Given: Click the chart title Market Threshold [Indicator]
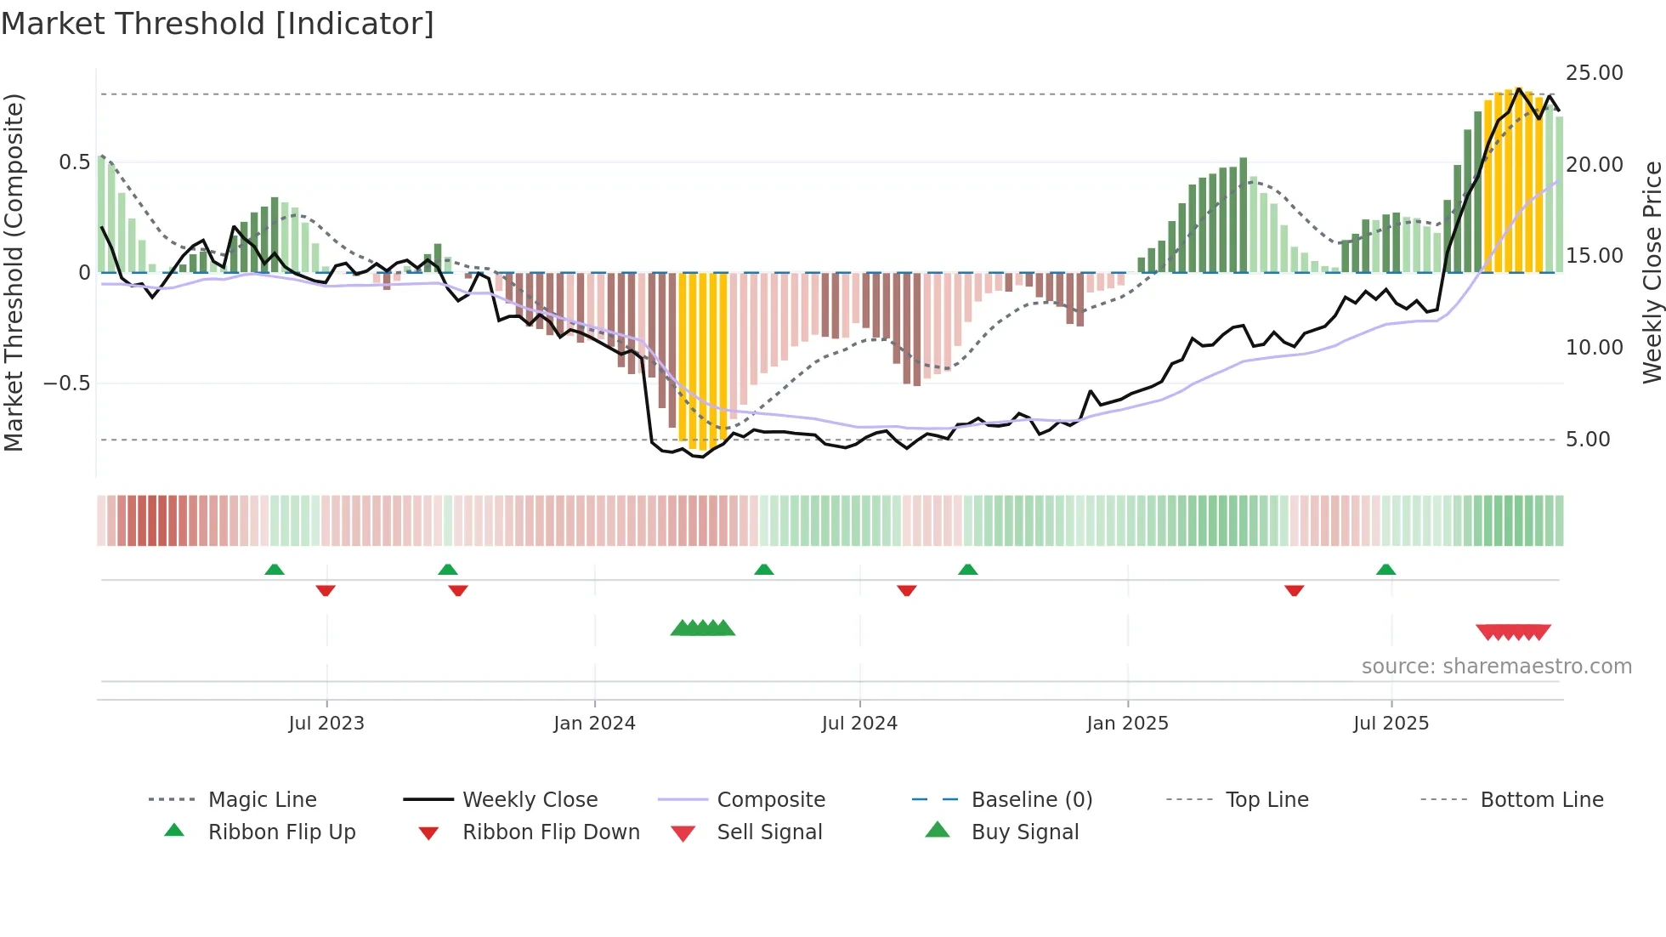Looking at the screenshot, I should [x=218, y=24].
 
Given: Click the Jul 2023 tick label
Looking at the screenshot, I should [x=326, y=723].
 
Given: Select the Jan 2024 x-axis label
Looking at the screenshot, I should [x=594, y=723].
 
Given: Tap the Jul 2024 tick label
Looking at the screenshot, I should [x=859, y=723].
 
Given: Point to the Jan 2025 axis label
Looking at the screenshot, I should [x=1127, y=723].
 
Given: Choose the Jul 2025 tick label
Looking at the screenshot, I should [x=1391, y=723].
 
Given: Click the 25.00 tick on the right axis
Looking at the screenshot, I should [x=1594, y=73].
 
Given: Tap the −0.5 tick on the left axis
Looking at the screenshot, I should [x=66, y=383].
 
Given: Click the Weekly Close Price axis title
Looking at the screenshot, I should [x=1652, y=272].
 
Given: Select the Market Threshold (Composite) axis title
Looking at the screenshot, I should [x=14, y=272].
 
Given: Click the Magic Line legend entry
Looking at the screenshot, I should [x=262, y=800].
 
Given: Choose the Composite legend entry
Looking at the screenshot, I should [x=770, y=800].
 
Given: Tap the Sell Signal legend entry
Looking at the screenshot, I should [x=768, y=832].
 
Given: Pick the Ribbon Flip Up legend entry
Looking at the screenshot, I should [x=281, y=832].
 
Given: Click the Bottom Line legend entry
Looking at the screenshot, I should [x=1541, y=800].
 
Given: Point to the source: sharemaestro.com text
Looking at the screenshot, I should [x=1496, y=667].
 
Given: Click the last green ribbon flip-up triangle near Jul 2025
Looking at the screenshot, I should [x=1385, y=570].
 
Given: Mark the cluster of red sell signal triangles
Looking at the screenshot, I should [x=1513, y=632].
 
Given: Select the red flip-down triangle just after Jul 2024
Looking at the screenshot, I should [x=906, y=590].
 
